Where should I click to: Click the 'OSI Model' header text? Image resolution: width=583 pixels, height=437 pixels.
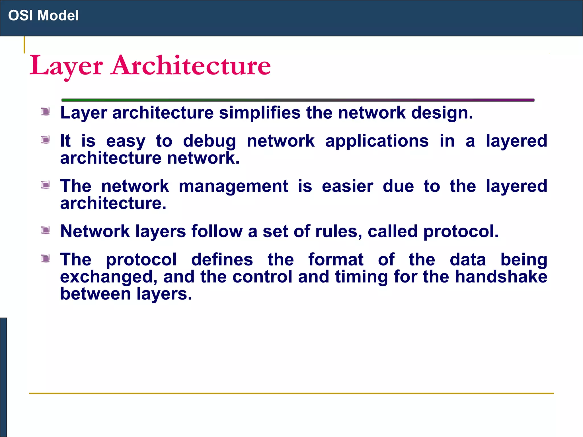(43, 15)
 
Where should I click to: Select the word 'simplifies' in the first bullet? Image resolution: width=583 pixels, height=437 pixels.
(259, 113)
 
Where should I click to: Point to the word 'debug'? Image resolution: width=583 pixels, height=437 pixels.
(209, 141)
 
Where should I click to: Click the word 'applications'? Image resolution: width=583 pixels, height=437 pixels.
(377, 141)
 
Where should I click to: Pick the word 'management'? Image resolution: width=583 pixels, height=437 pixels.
(233, 187)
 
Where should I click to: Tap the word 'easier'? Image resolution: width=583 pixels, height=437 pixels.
(347, 187)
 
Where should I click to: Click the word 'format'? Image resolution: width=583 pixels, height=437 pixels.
(336, 260)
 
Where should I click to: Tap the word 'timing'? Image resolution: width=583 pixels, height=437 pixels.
(361, 277)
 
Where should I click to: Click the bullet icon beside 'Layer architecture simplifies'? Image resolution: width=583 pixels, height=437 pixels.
(45, 112)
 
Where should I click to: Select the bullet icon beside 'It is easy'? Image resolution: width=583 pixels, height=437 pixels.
(45, 140)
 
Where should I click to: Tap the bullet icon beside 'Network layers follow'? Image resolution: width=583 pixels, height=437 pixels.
(45, 230)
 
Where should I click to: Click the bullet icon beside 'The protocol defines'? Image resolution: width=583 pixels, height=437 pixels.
(45, 258)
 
